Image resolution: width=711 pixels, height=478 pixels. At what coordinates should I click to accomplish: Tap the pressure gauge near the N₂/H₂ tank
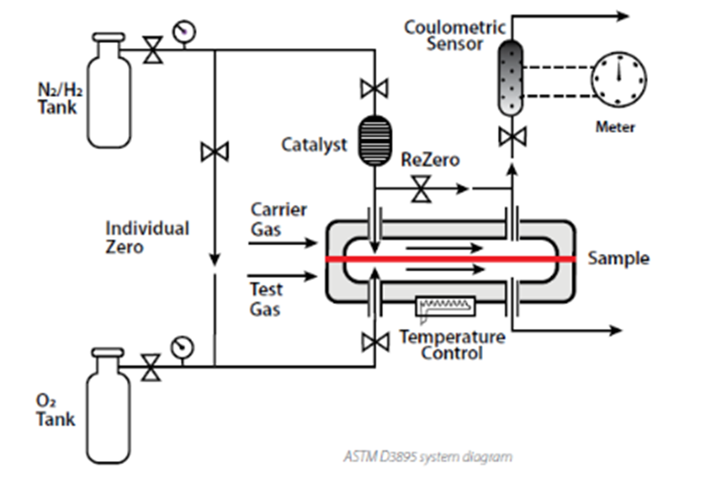click(184, 31)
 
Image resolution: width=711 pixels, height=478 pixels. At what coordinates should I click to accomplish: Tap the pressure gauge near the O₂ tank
click(182, 347)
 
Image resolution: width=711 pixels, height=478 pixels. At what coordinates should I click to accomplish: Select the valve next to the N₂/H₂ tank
click(153, 50)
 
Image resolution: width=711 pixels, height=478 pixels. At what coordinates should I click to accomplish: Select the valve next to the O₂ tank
click(151, 367)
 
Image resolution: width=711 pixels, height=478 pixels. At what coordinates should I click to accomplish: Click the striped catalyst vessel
click(374, 140)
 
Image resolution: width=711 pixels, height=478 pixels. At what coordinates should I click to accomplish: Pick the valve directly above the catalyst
click(374, 88)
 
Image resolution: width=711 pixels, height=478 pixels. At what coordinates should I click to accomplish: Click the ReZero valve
click(421, 189)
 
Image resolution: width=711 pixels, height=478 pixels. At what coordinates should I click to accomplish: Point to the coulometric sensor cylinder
click(510, 78)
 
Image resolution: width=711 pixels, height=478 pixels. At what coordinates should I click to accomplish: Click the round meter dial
click(618, 80)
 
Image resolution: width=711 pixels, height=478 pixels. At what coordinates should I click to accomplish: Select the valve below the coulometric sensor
click(512, 137)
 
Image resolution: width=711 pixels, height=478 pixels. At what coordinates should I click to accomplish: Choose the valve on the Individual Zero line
click(215, 152)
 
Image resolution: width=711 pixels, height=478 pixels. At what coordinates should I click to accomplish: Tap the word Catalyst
click(314, 145)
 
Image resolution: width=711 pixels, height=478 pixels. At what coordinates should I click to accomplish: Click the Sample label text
click(618, 259)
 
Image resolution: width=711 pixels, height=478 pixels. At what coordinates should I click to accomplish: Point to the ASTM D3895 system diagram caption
click(428, 457)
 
